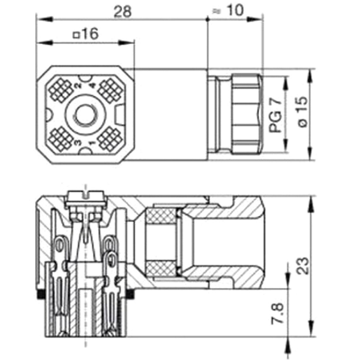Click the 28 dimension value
coord(122,12)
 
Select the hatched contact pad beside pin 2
coord(61,89)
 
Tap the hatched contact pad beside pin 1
coord(110,139)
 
